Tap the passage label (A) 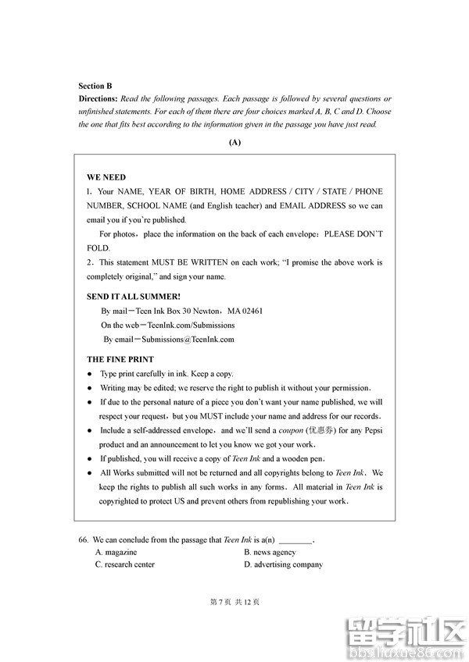pyautogui.click(x=234, y=142)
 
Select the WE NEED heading pyautogui.click(x=106, y=177)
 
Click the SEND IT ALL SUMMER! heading pyautogui.click(x=133, y=297)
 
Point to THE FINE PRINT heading pyautogui.click(x=120, y=360)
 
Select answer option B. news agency pyautogui.click(x=270, y=552)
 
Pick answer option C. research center pyautogui.click(x=125, y=564)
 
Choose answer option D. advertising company pyautogui.click(x=283, y=564)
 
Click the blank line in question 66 pyautogui.click(x=295, y=541)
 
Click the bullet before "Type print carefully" pyautogui.click(x=90, y=375)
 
